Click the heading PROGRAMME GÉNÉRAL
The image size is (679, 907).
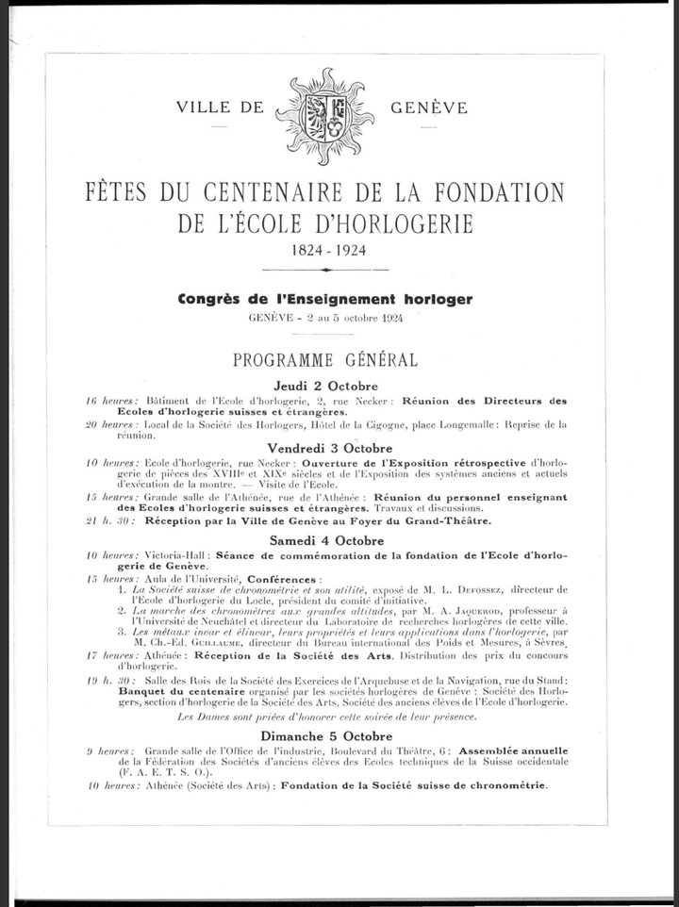(x=326, y=361)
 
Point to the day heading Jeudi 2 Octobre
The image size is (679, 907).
(x=326, y=387)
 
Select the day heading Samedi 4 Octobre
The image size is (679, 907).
(x=326, y=541)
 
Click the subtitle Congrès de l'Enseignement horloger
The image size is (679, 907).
(x=325, y=300)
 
